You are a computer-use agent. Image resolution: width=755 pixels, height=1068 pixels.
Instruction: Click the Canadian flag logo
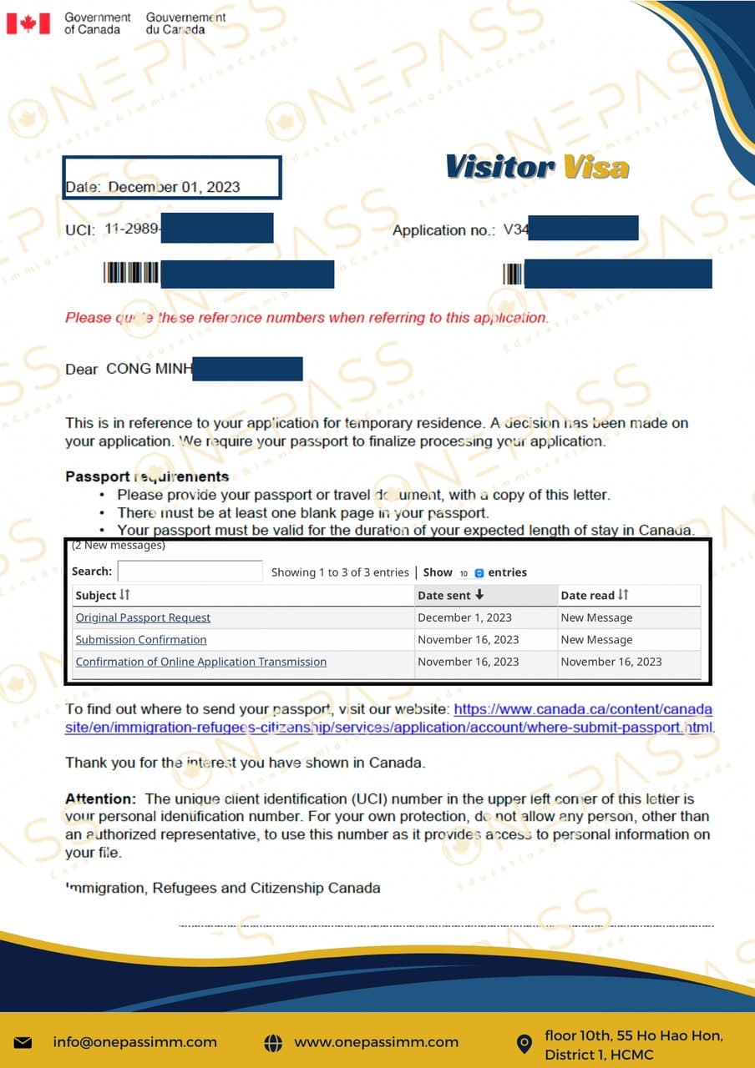[x=28, y=23]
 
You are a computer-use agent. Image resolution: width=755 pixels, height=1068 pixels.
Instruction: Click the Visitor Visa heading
[x=537, y=167]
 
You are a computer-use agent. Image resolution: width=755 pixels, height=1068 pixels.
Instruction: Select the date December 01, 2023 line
[x=153, y=187]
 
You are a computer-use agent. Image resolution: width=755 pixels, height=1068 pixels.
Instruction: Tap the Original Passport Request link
[x=143, y=618]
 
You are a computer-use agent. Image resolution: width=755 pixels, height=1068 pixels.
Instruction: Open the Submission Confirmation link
[x=141, y=640]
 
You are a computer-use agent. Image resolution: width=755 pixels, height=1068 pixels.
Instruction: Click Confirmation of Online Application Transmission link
[x=200, y=662]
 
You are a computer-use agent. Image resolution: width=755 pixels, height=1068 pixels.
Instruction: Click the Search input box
[x=190, y=572]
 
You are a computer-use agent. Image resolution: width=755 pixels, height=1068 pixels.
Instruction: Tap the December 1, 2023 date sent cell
[x=464, y=618]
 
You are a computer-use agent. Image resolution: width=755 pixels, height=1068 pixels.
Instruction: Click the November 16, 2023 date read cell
[x=611, y=662]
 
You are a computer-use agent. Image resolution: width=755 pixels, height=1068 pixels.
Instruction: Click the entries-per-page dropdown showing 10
[x=469, y=573]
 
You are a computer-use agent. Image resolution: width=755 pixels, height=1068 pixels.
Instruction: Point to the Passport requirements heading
[x=147, y=476]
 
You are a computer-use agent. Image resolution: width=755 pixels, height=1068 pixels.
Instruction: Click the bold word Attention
[x=99, y=798]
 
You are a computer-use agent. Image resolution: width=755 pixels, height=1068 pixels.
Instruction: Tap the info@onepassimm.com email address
[x=134, y=1042]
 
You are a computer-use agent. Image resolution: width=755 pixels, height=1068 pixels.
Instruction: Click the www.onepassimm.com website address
[x=376, y=1042]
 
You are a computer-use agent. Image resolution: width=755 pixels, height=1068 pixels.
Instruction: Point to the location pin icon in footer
[x=524, y=1043]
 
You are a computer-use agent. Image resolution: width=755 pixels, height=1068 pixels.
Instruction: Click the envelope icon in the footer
[x=23, y=1043]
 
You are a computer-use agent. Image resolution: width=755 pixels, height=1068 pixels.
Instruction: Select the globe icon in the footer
[x=272, y=1043]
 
